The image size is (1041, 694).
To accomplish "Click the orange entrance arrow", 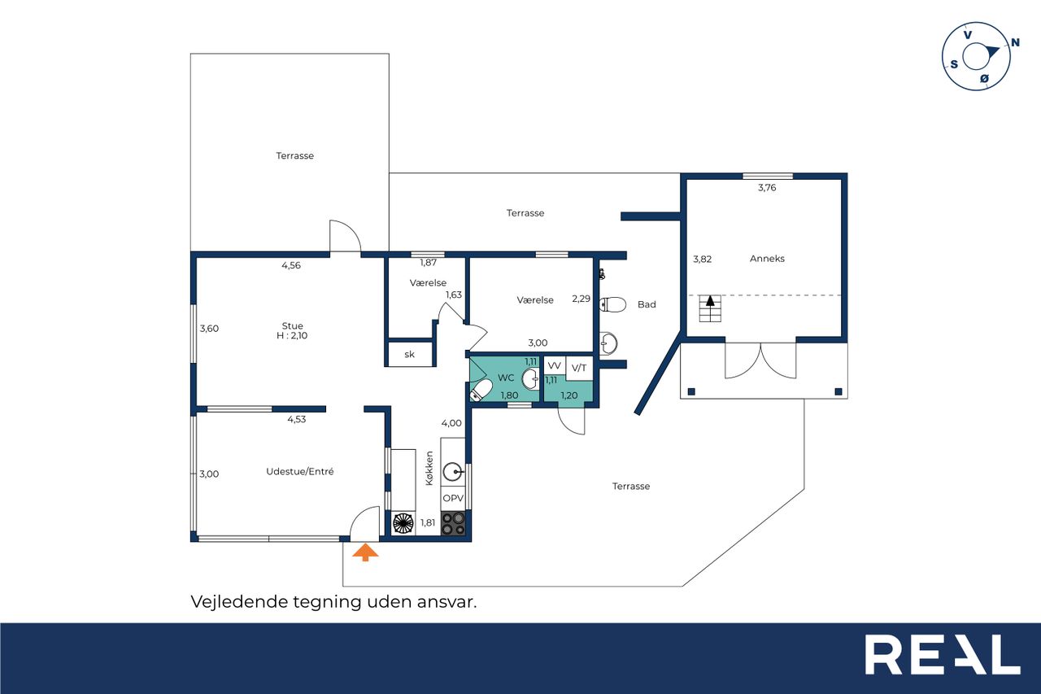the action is point(365,552).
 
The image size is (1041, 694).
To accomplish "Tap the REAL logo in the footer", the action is point(943,654).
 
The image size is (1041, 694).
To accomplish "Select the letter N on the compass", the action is point(1016,43).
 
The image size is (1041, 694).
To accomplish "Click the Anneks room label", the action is point(767,259).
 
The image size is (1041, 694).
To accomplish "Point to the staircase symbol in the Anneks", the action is point(710,308).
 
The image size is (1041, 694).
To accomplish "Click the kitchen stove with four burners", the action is point(453,523).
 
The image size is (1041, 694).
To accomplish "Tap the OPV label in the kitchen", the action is point(453,498).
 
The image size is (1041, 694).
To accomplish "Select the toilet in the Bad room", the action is point(613,304).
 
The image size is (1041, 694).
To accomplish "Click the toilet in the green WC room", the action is point(481,390).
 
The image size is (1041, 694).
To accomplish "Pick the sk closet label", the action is point(409,355).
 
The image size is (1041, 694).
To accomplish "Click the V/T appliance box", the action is point(579,368).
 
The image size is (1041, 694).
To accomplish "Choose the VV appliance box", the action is point(555,365).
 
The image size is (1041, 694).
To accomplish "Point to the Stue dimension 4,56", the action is point(291,265).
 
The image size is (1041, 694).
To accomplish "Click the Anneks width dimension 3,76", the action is point(767,188).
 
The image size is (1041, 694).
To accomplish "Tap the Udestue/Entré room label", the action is point(300,471).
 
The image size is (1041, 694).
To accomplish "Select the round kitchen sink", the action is point(452,472).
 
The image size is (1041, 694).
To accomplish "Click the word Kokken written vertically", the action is point(429,468).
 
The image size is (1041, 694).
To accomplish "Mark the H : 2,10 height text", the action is point(292,336).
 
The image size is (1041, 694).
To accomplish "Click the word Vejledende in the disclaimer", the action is point(240,602).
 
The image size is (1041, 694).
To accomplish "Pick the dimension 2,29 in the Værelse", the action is point(581,299).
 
